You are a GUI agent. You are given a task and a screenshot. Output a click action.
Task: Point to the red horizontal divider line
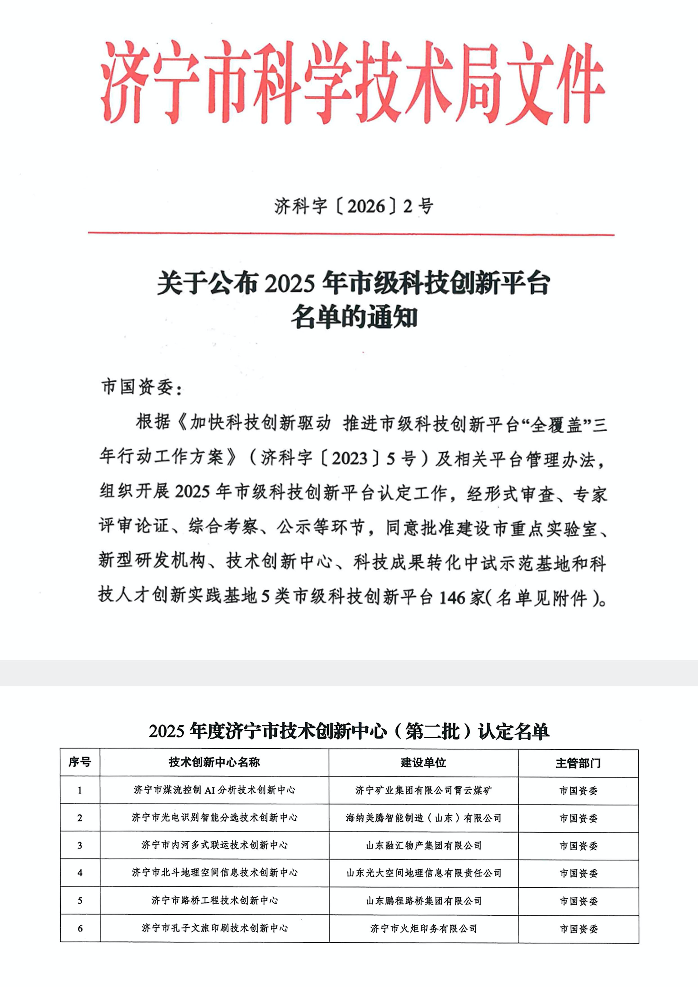click(x=351, y=234)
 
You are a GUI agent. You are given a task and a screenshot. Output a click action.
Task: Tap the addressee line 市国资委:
click(x=142, y=387)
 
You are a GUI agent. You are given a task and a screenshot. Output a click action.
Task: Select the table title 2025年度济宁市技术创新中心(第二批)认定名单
click(x=349, y=731)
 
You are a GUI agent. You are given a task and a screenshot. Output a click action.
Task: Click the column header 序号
click(x=80, y=762)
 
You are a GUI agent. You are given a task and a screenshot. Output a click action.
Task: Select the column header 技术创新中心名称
click(x=214, y=762)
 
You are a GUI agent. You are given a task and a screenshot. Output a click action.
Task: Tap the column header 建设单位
click(x=423, y=762)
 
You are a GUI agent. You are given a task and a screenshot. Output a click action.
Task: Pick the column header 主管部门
click(x=578, y=763)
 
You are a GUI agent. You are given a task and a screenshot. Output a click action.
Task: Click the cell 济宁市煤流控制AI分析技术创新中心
click(x=214, y=790)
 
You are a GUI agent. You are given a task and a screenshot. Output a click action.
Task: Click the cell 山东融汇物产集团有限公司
click(x=423, y=845)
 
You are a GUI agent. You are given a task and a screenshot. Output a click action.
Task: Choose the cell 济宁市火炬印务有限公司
click(x=423, y=928)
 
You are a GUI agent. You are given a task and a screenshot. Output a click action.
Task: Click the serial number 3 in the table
click(x=80, y=845)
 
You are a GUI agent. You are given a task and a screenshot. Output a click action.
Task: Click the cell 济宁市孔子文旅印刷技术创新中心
click(x=214, y=928)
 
